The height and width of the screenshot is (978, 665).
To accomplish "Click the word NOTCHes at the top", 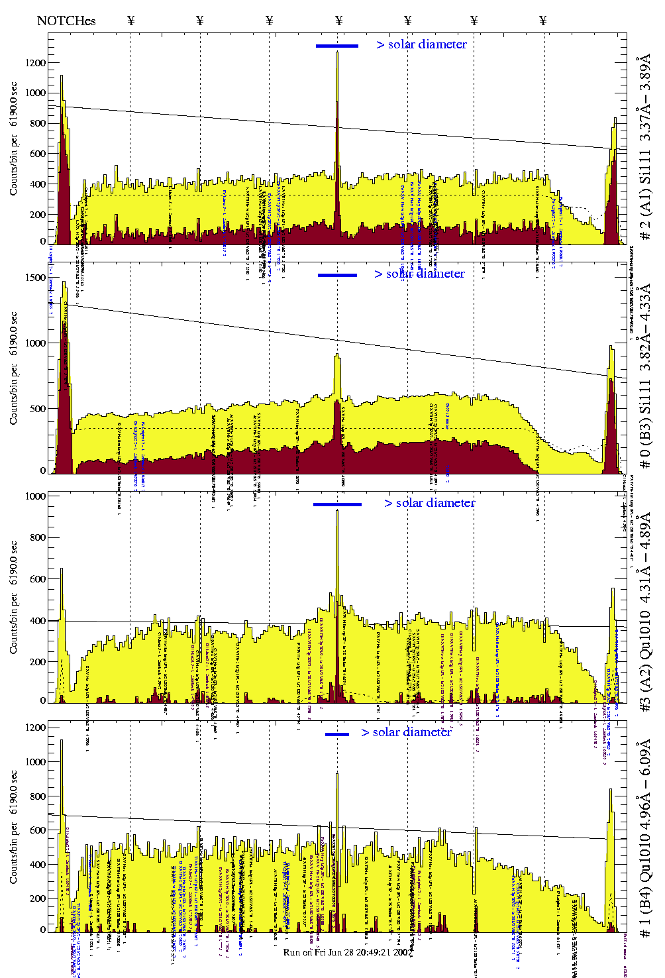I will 66,21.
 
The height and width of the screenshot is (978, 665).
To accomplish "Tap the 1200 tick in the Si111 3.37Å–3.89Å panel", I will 36,63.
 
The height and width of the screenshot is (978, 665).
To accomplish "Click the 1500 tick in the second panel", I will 36,278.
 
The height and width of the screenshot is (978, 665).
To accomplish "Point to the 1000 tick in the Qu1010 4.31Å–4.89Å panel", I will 36,496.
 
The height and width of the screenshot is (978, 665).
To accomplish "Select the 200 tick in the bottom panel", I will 38,898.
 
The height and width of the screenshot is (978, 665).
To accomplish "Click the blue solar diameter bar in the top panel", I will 336,46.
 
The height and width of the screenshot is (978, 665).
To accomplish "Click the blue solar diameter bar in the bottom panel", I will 336,734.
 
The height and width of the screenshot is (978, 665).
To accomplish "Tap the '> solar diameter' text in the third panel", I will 429,503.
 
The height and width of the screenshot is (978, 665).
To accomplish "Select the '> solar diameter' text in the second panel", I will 419,274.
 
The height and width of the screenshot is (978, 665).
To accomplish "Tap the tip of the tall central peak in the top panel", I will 337,52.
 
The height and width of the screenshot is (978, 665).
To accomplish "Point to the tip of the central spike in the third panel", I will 337,511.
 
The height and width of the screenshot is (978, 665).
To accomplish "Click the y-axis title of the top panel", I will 14,139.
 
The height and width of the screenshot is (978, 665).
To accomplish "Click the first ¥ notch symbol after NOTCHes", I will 130,21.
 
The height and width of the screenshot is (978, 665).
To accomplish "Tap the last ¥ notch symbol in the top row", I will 543,21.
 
